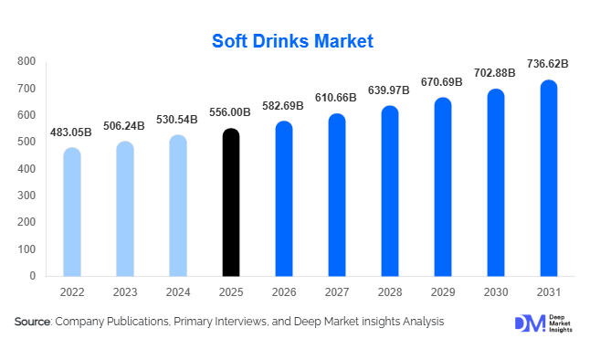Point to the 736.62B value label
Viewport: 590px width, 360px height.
[548, 64]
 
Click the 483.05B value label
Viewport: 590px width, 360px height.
[72, 132]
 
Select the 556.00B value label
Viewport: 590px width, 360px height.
[231, 113]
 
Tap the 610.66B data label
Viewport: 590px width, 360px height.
[337, 99]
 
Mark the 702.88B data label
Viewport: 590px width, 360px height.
[495, 73]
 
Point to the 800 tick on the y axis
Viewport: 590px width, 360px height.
[26, 61]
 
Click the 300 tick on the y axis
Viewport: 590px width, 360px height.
[26, 196]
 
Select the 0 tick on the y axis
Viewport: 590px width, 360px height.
[33, 275]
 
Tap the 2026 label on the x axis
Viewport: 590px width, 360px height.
[284, 292]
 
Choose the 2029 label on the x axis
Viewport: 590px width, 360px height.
[442, 292]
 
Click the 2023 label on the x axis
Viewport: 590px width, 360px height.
[125, 292]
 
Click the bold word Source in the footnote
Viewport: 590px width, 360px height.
[33, 323]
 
